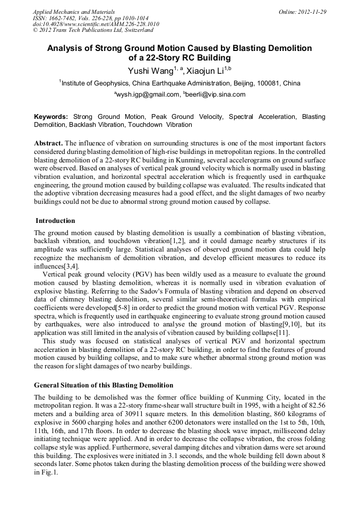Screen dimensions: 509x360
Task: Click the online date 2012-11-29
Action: point(312,12)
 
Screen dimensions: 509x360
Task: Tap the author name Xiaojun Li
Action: point(205,71)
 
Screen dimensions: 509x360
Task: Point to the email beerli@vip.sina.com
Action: point(216,94)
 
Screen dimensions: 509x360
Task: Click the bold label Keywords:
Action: point(51,117)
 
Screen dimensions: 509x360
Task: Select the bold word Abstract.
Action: point(48,143)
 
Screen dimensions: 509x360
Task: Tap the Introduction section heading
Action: point(55,221)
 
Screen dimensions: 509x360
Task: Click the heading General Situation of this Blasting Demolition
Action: point(104,385)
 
